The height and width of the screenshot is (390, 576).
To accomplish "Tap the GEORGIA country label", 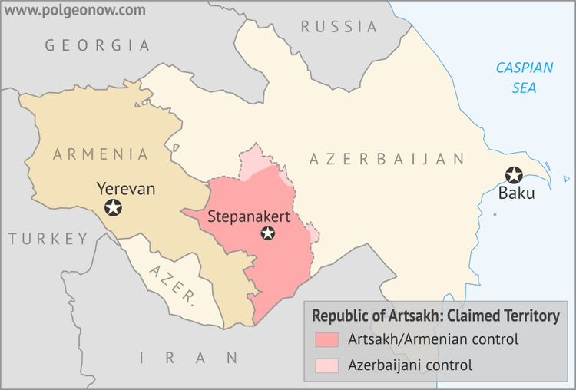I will pos(98,45).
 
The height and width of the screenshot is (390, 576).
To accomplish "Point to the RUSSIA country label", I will pos(339,27).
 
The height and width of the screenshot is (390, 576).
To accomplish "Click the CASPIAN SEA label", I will pos(525,78).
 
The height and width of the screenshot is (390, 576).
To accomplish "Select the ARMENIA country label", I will pos(101,154).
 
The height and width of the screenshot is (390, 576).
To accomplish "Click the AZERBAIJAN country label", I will pos(387,160).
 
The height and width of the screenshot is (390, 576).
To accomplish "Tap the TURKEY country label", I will pos(48,239).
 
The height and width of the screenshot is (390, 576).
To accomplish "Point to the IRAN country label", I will pos(189,358).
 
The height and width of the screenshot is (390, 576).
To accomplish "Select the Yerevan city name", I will pos(126,188).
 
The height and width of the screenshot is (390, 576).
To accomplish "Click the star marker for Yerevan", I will pos(114,207).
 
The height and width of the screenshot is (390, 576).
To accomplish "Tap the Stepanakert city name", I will pos(248,217).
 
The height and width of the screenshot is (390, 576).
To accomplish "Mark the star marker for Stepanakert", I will pos(267,233).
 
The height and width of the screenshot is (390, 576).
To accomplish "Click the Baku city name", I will pos(516,193).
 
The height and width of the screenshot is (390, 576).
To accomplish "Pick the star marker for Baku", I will pos(513,175).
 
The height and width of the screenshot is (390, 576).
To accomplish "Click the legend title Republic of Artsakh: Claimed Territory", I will pos(435,316).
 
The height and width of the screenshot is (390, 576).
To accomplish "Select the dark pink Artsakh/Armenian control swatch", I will pos(326,339).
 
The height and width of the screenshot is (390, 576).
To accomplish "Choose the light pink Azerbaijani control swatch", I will pos(326,365).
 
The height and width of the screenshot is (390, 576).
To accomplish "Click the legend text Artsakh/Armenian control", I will pos(432,339).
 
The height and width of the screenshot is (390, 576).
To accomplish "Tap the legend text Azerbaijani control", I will pos(409,365).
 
